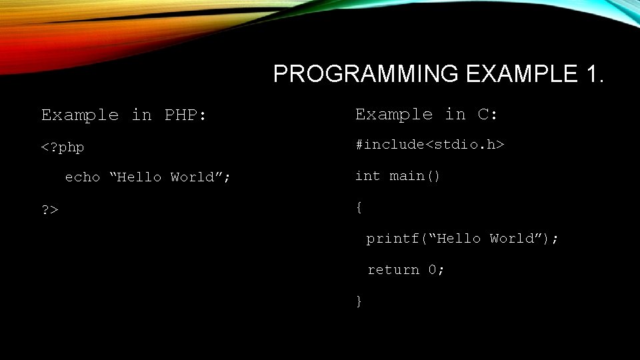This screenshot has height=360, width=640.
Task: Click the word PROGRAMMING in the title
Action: click(x=365, y=74)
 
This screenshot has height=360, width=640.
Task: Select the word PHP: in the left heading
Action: click(x=185, y=115)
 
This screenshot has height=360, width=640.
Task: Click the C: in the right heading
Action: click(x=488, y=115)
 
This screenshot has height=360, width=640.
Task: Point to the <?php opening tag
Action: click(x=63, y=147)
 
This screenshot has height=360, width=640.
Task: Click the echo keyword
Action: click(x=82, y=177)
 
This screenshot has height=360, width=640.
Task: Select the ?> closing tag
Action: click(x=50, y=210)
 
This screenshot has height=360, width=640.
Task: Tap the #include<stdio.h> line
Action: click(x=429, y=144)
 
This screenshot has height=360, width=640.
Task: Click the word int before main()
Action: click(x=367, y=176)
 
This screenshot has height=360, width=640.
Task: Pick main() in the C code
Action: click(x=415, y=176)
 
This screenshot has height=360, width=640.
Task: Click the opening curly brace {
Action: click(x=359, y=207)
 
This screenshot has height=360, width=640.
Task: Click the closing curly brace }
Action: click(x=359, y=301)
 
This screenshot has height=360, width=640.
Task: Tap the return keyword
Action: click(x=393, y=270)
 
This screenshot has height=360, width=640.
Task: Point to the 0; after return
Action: click(x=436, y=270)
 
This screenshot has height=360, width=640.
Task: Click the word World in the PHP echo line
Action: click(x=197, y=177)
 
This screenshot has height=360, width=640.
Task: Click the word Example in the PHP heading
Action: click(x=79, y=115)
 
